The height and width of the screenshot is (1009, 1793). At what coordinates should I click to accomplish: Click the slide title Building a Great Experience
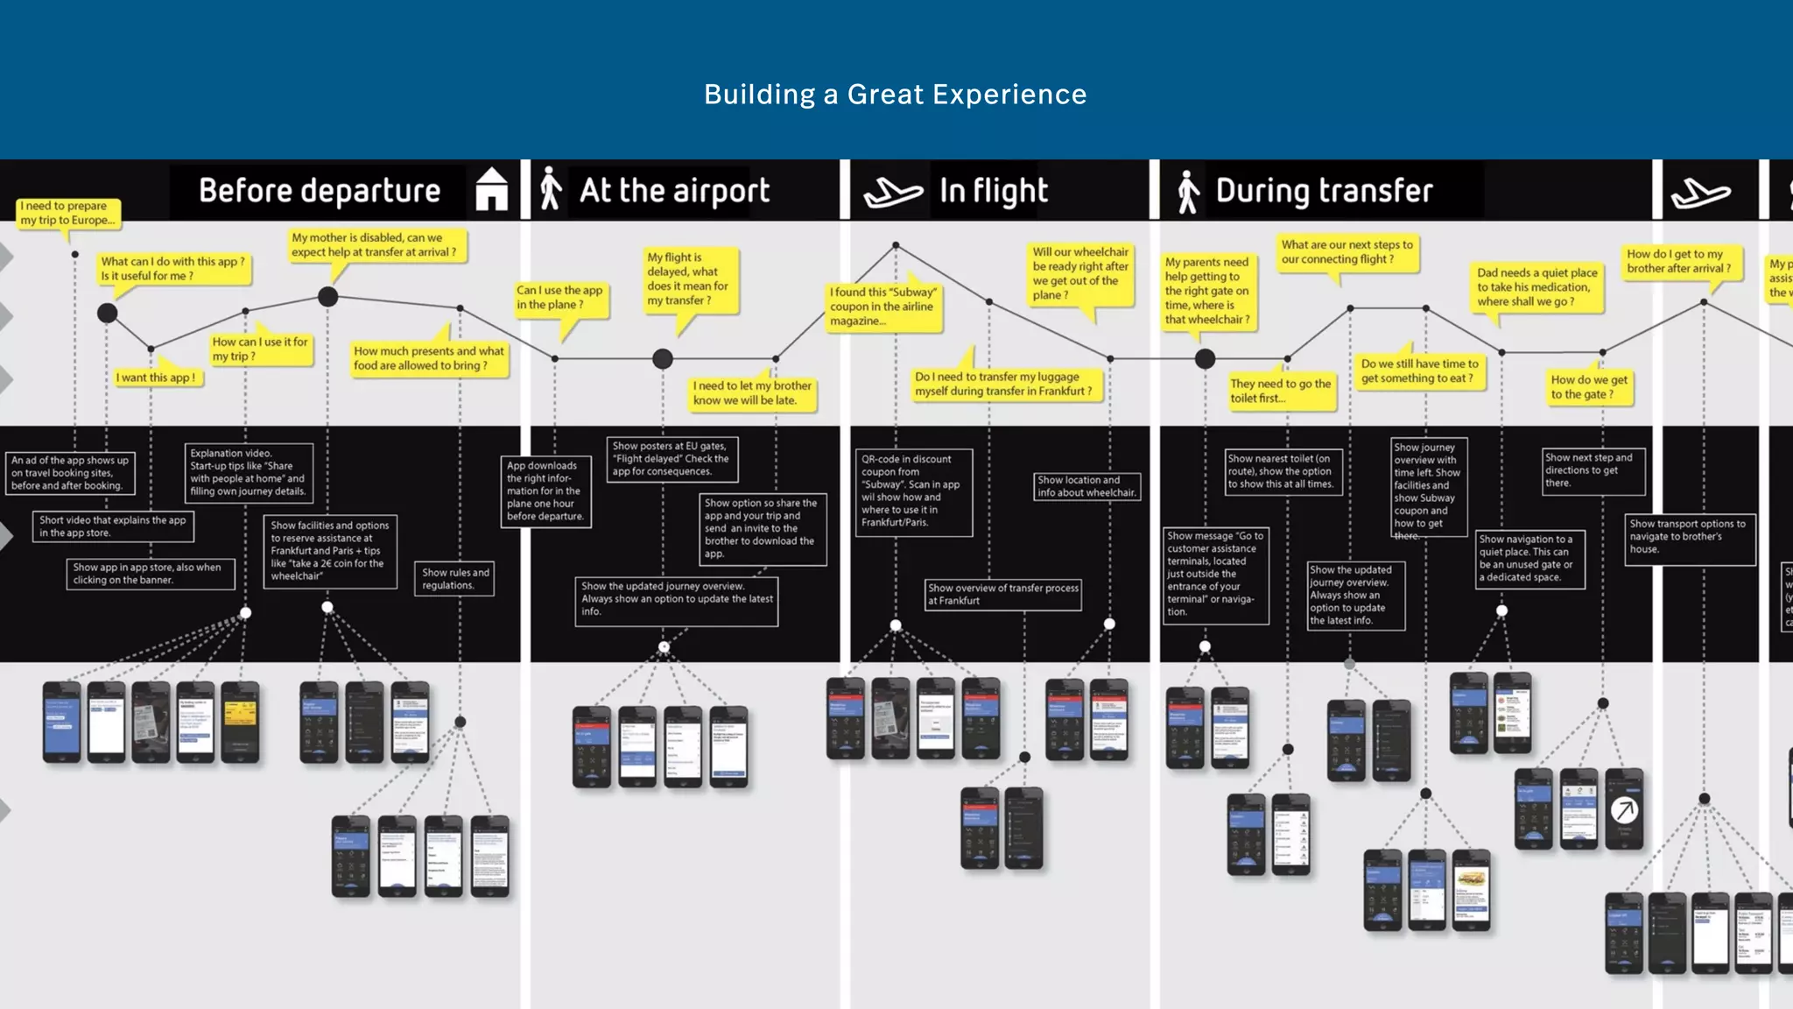point(895,95)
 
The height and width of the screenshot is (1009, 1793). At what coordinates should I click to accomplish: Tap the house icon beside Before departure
point(491,189)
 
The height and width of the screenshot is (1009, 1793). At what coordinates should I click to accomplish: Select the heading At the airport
point(674,191)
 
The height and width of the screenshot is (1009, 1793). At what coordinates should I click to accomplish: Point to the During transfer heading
point(1324,191)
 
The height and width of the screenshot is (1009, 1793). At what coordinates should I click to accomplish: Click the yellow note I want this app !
point(156,377)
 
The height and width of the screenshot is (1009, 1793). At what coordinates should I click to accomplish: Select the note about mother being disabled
point(374,244)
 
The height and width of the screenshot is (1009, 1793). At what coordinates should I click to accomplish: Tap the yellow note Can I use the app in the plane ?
point(559,298)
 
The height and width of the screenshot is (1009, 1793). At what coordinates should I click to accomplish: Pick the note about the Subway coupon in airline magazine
point(883,307)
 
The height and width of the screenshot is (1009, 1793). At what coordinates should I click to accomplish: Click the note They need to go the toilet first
point(1280,391)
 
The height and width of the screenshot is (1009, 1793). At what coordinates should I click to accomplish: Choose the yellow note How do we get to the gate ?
point(1589,387)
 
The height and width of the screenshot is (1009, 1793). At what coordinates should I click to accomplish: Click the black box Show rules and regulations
point(455,579)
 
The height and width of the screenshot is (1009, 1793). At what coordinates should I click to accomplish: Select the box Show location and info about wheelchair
point(1086,486)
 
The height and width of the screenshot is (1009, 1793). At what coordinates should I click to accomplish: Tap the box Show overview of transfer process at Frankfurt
point(1003,594)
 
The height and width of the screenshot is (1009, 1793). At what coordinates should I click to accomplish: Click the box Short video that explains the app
point(113,526)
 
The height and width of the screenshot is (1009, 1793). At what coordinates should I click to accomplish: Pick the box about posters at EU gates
point(671,459)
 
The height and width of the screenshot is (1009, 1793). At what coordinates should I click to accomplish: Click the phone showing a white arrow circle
point(1624,809)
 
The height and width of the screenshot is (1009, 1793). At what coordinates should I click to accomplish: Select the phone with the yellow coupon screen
point(240,721)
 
